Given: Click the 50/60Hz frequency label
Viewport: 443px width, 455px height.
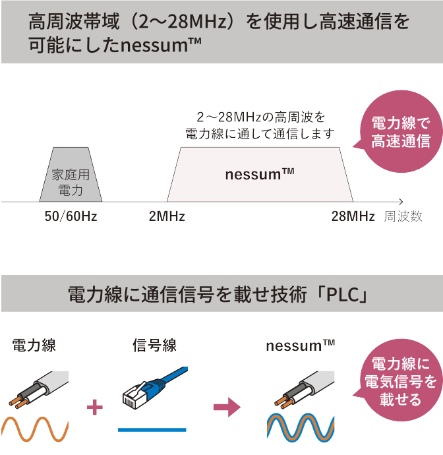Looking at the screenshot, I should [71, 216].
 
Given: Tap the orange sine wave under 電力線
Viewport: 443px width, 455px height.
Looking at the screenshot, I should [36, 429].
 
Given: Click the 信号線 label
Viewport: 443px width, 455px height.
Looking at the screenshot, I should [154, 345].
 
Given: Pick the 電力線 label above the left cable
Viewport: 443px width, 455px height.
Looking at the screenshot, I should [34, 345].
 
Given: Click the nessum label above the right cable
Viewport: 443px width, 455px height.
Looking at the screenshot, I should [301, 345].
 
